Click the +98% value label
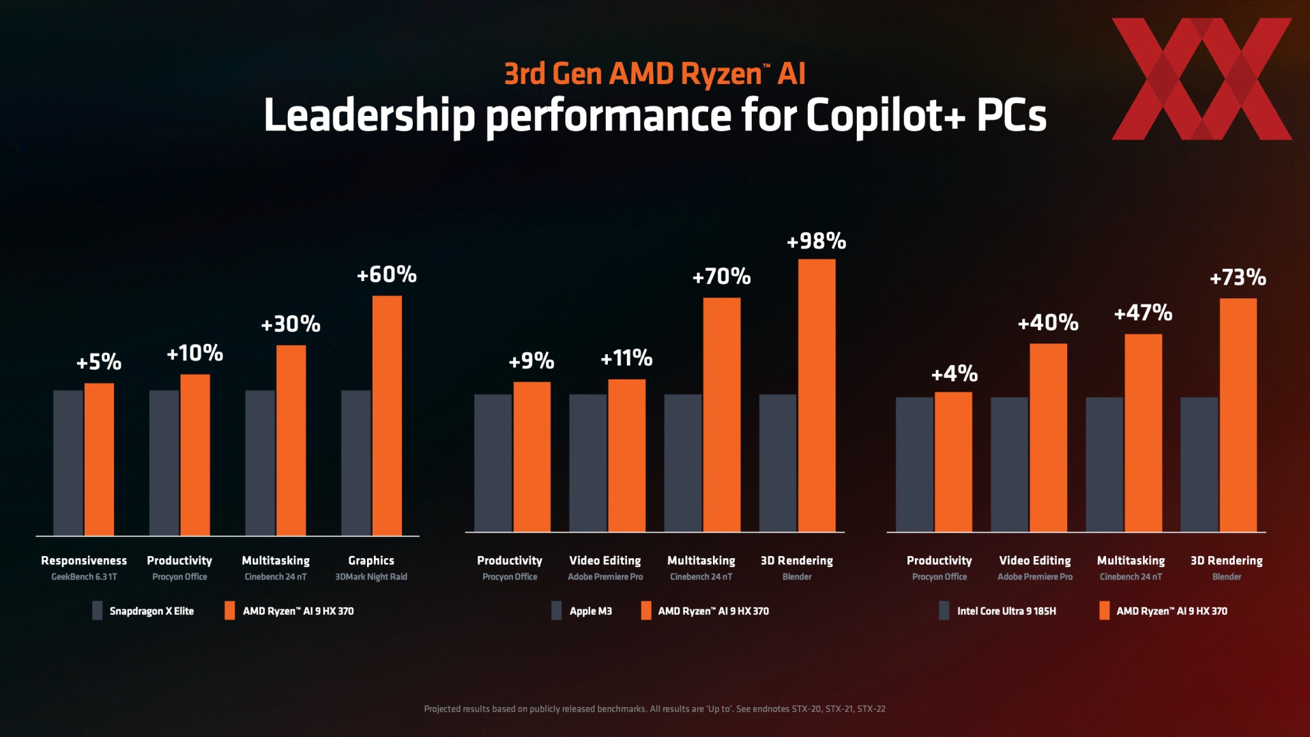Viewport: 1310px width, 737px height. (x=816, y=242)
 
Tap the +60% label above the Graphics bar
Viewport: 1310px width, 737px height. (x=386, y=275)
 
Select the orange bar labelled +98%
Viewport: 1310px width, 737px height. (x=816, y=395)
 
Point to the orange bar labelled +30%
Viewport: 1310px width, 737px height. (x=291, y=440)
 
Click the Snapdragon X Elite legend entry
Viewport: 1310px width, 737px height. (x=143, y=611)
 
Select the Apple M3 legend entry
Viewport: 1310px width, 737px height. (x=582, y=611)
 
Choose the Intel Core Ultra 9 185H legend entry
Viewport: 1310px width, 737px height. (x=998, y=611)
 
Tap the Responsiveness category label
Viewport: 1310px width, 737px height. (x=84, y=560)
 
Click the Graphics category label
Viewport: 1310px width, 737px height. (x=371, y=560)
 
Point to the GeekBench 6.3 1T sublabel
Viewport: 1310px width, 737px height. (x=84, y=577)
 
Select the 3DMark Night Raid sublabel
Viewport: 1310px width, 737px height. (x=371, y=577)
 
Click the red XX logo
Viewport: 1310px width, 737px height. (x=1202, y=79)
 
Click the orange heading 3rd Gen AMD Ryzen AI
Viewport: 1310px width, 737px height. (x=654, y=74)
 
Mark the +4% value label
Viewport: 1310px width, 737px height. (x=954, y=374)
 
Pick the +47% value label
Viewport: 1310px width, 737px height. (x=1143, y=313)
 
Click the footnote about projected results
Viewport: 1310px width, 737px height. (x=654, y=709)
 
